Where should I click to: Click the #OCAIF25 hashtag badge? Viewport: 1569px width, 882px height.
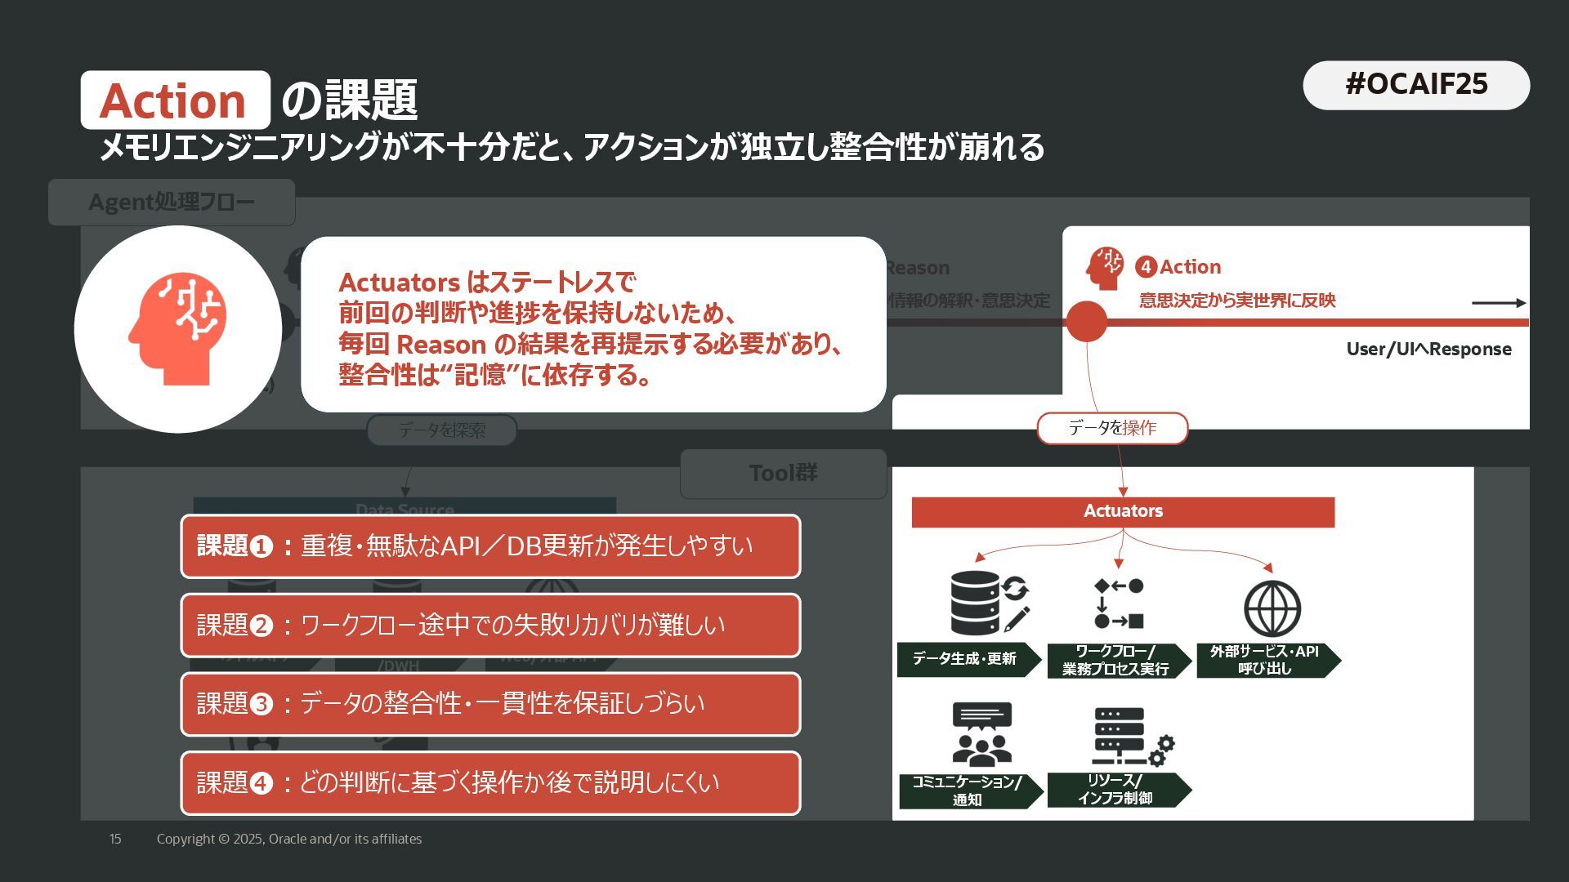pyautogui.click(x=1415, y=85)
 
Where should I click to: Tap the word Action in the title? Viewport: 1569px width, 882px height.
pyautogui.click(x=173, y=100)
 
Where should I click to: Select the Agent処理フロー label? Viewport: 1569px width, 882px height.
pyautogui.click(x=172, y=202)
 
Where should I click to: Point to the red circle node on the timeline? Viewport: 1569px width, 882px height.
pyautogui.click(x=1086, y=322)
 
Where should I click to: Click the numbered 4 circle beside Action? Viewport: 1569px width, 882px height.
pyautogui.click(x=1146, y=267)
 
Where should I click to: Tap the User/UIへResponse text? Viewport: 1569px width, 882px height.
pyautogui.click(x=1428, y=350)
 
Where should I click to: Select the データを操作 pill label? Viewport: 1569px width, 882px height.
pyautogui.click(x=1111, y=428)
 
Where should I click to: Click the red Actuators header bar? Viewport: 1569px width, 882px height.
pyautogui.click(x=1123, y=511)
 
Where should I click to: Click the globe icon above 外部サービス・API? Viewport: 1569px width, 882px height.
pyautogui.click(x=1272, y=608)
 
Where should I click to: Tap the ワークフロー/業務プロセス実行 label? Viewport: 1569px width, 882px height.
pyautogui.click(x=1116, y=661)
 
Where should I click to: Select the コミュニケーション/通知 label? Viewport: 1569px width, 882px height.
pyautogui.click(x=968, y=791)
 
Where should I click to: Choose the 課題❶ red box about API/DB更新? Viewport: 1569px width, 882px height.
pyautogui.click(x=490, y=546)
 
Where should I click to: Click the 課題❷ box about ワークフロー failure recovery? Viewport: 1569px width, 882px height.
pyautogui.click(x=490, y=625)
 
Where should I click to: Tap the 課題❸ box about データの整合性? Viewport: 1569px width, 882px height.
pyautogui.click(x=490, y=703)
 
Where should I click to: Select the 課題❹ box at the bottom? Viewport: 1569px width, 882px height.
pyautogui.click(x=490, y=782)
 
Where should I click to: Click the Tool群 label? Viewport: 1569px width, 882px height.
pyautogui.click(x=783, y=473)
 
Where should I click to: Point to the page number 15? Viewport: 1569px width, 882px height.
pyautogui.click(x=115, y=839)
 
